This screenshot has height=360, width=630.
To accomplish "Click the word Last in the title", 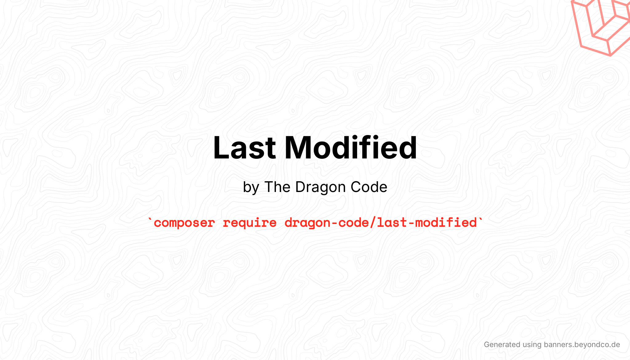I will point(244,148).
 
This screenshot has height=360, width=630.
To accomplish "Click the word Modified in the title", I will point(351,148).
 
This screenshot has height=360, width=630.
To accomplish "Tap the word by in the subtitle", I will point(251,187).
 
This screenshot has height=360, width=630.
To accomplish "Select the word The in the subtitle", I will point(277,187).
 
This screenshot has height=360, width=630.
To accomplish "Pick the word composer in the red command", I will point(184,223).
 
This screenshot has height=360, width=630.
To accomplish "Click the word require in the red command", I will point(249,223).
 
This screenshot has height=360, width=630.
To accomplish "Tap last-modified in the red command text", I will point(427,222).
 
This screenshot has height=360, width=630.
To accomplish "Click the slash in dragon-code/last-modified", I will point(373,222).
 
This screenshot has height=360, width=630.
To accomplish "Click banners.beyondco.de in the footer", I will point(582,345).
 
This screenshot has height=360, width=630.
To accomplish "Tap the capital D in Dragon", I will point(300,187).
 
